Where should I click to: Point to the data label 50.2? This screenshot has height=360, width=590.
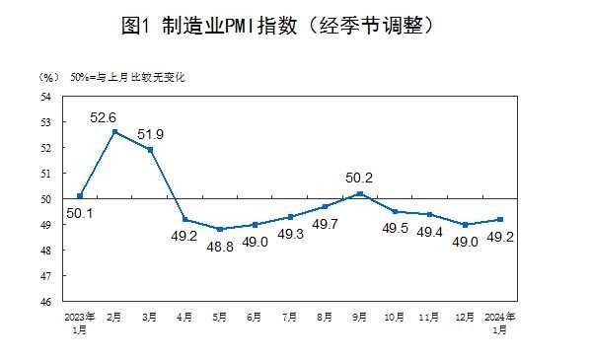359,178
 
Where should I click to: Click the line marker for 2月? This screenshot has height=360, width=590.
114,131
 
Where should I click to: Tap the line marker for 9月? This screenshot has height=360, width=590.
359,193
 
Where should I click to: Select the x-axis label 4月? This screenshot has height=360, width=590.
184,318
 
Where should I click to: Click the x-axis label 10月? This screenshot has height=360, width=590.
395,318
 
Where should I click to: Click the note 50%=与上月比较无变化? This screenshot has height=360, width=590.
127,76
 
